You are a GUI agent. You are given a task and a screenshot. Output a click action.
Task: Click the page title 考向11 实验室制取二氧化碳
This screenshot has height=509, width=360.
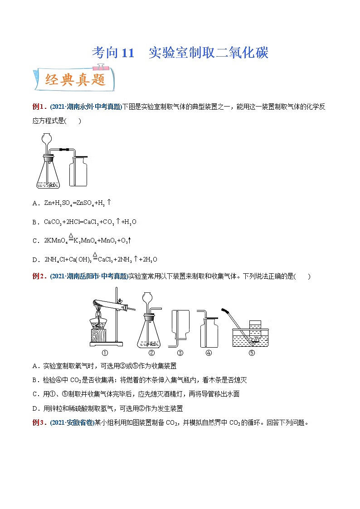tap(180, 53)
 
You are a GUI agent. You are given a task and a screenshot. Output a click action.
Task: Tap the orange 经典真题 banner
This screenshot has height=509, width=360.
tap(75, 80)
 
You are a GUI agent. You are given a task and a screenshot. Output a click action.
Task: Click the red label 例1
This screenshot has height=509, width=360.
tap(39, 107)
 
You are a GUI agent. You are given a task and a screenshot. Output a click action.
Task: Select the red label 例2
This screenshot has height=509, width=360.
tap(39, 276)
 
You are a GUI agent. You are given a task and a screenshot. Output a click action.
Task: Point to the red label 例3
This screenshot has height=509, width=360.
tap(39, 423)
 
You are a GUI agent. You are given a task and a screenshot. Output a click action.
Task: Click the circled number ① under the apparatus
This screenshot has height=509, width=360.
tap(104, 353)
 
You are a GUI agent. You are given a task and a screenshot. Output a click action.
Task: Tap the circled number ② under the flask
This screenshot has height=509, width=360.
tap(151, 353)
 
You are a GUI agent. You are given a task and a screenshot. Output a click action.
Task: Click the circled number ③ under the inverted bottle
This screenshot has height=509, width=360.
tap(180, 353)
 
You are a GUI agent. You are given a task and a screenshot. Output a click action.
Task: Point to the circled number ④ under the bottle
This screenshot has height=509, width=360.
tap(209, 353)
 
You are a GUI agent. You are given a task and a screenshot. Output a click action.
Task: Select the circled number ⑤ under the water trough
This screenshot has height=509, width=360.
tap(252, 353)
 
